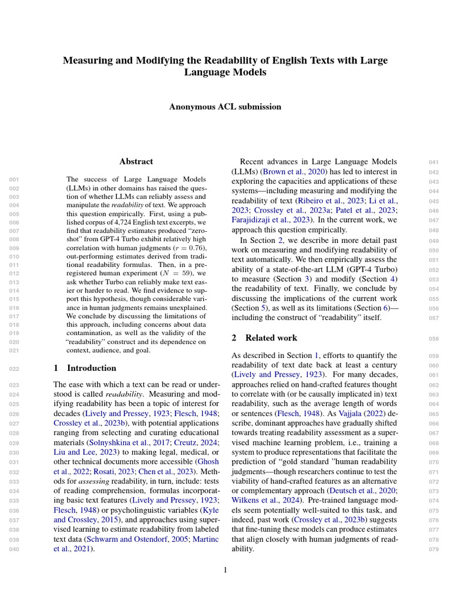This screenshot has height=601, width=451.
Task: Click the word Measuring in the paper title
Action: pyautogui.click(x=87, y=60)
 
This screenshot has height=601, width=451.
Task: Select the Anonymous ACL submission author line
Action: pyautogui.click(x=225, y=107)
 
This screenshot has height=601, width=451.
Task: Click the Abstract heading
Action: pyautogui.click(x=136, y=161)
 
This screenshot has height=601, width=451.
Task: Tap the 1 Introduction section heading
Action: pyautogui.click(x=85, y=368)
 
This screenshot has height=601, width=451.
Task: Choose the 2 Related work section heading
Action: pyautogui.click(x=264, y=337)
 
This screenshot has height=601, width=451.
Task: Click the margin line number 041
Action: pyautogui.click(x=435, y=162)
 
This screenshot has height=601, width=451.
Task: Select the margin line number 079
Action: pyautogui.click(x=435, y=549)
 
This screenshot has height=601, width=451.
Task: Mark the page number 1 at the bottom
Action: pyautogui.click(x=225, y=569)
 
